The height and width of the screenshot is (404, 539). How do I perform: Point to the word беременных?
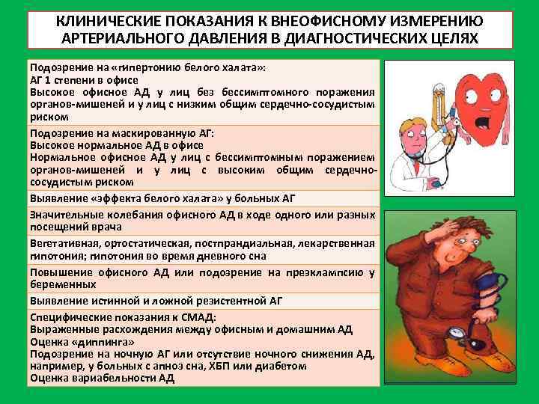click(63, 285)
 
